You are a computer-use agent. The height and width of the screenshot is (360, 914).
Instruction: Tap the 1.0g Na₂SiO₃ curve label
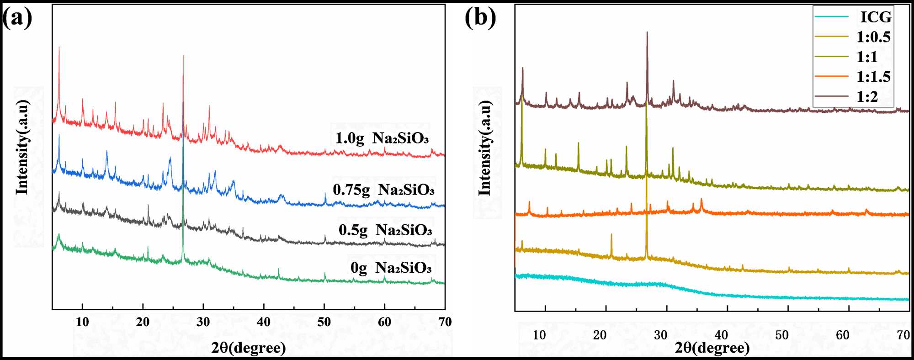(x=382, y=138)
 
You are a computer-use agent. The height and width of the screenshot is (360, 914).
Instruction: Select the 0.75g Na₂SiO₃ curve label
(x=383, y=190)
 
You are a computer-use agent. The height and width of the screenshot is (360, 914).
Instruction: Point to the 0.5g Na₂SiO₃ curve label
(x=385, y=230)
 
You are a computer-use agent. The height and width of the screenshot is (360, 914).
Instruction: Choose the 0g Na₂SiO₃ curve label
(x=391, y=267)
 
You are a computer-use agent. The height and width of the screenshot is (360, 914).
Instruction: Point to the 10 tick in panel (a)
(x=82, y=322)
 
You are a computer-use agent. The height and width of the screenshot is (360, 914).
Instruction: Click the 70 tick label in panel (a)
(x=445, y=322)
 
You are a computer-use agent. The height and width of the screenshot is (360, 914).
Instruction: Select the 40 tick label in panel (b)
(x=721, y=335)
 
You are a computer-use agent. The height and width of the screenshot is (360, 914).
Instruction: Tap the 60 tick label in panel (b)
(x=843, y=335)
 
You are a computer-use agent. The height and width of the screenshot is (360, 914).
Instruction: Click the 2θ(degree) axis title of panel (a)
(x=249, y=348)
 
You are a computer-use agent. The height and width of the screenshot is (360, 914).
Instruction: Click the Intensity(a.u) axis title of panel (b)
(x=484, y=148)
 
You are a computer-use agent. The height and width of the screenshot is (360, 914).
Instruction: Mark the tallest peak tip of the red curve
(x=59, y=47)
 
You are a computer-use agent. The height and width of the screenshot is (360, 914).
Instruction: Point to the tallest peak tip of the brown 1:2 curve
(x=647, y=32)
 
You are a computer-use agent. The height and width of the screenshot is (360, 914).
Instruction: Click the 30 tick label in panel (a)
(x=203, y=322)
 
